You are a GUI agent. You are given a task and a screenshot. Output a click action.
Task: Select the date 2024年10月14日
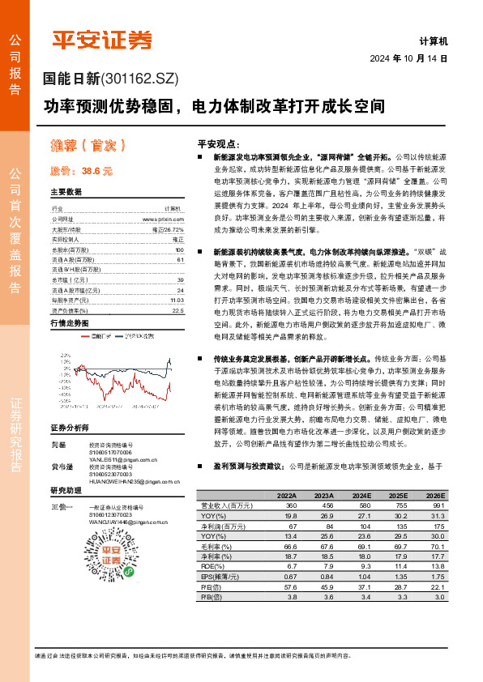[x=408, y=59]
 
